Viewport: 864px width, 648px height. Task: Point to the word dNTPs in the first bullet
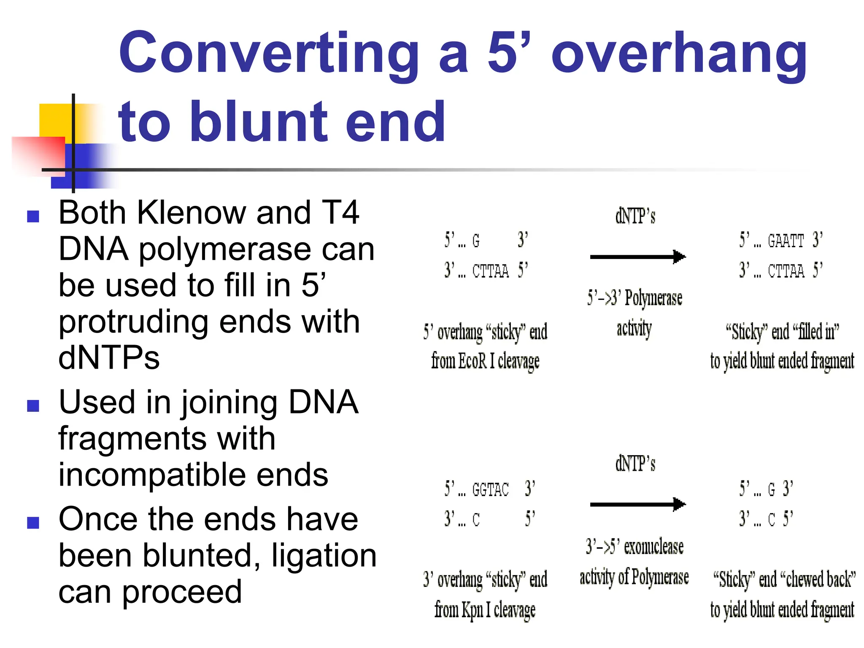point(109,358)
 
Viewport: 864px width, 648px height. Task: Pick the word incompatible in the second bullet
point(193,475)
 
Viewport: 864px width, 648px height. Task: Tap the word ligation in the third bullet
point(324,555)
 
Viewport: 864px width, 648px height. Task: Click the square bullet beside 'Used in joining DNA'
point(33,405)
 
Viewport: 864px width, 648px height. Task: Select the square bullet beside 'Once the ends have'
point(33,523)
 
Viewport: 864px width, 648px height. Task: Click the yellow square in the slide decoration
point(55,120)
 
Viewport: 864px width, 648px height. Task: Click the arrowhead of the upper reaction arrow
point(679,256)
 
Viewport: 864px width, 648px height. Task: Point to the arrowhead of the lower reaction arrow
point(679,504)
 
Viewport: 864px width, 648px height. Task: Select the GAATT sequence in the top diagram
point(786,241)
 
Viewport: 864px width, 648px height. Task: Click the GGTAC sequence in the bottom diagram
point(490,490)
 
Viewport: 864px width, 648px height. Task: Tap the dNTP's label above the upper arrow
point(635,216)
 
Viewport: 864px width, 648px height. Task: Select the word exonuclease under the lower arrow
point(653,547)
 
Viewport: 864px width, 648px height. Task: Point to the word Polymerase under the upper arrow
point(653,299)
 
